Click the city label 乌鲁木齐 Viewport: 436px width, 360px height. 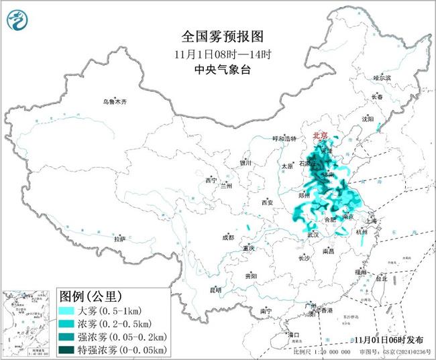pyautogui.click(x=114, y=102)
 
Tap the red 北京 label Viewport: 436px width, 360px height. pyautogui.click(x=320, y=136)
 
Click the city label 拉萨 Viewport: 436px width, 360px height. pyautogui.click(x=119, y=239)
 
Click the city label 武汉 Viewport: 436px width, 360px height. pyautogui.click(x=313, y=235)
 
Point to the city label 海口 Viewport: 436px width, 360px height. pyautogui.click(x=292, y=334)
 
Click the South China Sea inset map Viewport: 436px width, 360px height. pyautogui.click(x=27, y=320)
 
